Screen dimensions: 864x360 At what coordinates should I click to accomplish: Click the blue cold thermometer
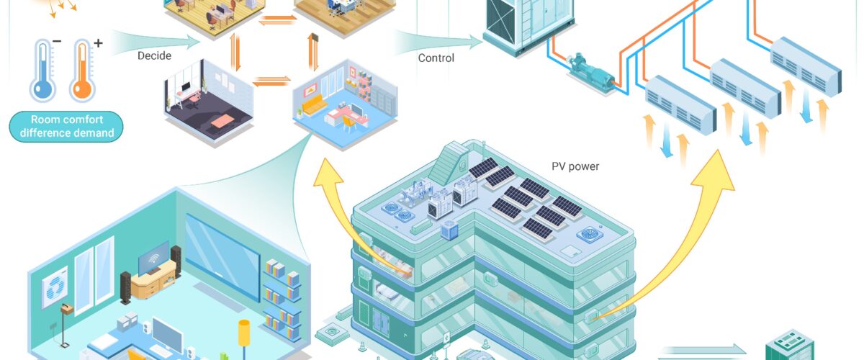coord(42,71)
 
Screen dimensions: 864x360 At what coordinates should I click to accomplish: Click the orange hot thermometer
coord(82,71)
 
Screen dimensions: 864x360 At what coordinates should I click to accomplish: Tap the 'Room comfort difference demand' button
coord(66,127)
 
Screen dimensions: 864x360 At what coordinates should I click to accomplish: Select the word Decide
coord(154,56)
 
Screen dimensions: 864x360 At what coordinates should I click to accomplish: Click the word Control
coord(436,58)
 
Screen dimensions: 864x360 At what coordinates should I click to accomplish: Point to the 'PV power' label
coord(575,166)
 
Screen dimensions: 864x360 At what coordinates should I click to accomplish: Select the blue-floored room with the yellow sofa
coord(344,104)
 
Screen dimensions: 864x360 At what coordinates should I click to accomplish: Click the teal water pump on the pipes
coord(590,73)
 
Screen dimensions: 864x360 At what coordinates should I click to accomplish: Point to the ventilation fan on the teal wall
coord(55,287)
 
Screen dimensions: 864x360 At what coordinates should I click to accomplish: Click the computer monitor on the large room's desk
coord(167,335)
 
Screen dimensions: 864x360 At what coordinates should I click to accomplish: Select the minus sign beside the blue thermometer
coord(57,41)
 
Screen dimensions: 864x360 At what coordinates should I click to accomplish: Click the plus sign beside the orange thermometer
coord(99,42)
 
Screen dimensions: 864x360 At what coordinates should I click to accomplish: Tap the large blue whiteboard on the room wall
coord(222,256)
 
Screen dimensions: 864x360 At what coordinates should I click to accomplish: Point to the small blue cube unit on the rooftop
coord(449,230)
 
